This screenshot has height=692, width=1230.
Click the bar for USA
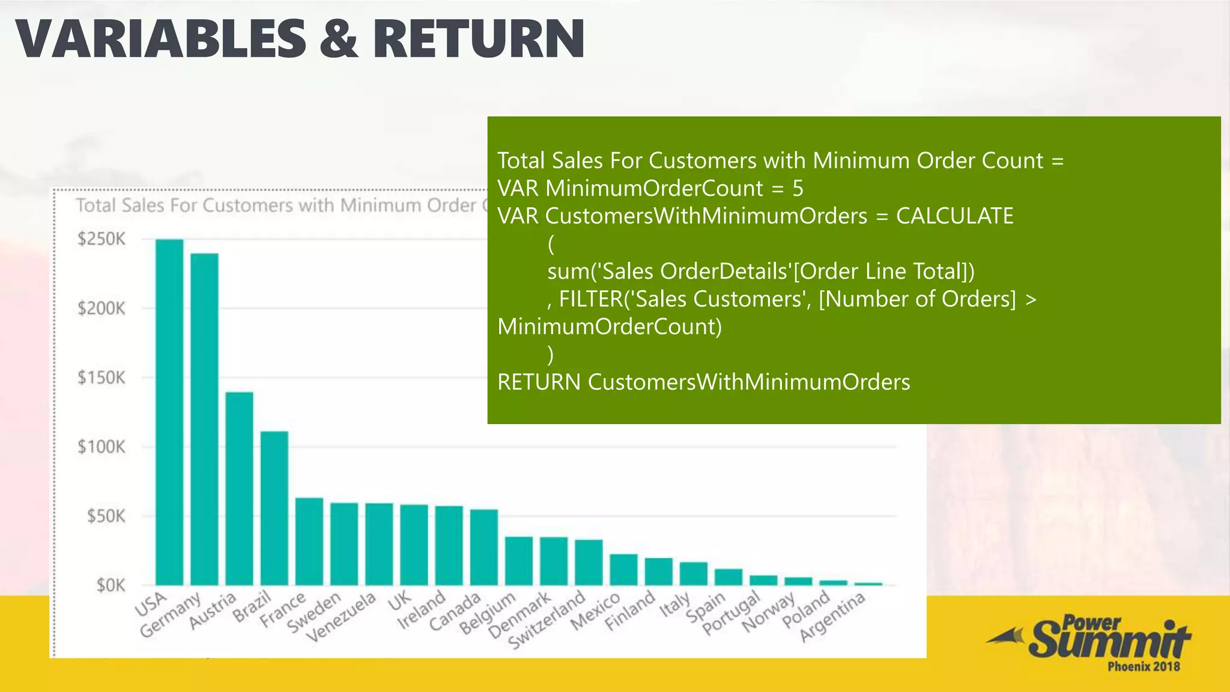tap(169, 412)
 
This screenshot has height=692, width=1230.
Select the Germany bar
tap(204, 419)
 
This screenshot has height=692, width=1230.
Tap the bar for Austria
tap(239, 488)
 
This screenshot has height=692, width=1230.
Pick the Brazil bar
tap(274, 508)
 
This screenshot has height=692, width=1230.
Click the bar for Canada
tap(483, 547)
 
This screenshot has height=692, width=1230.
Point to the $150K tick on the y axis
tap(101, 378)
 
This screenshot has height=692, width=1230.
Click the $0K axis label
tap(111, 585)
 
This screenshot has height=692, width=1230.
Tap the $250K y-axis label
tap(101, 239)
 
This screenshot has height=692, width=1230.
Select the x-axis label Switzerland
tap(547, 619)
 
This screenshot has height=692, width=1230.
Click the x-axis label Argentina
tap(832, 616)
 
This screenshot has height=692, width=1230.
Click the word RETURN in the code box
tap(539, 382)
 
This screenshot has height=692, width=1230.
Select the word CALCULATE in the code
tap(954, 216)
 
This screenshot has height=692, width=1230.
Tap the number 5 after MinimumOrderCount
tap(798, 189)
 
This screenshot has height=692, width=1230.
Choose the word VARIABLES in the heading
tap(160, 40)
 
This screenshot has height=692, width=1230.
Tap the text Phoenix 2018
tap(1144, 666)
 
